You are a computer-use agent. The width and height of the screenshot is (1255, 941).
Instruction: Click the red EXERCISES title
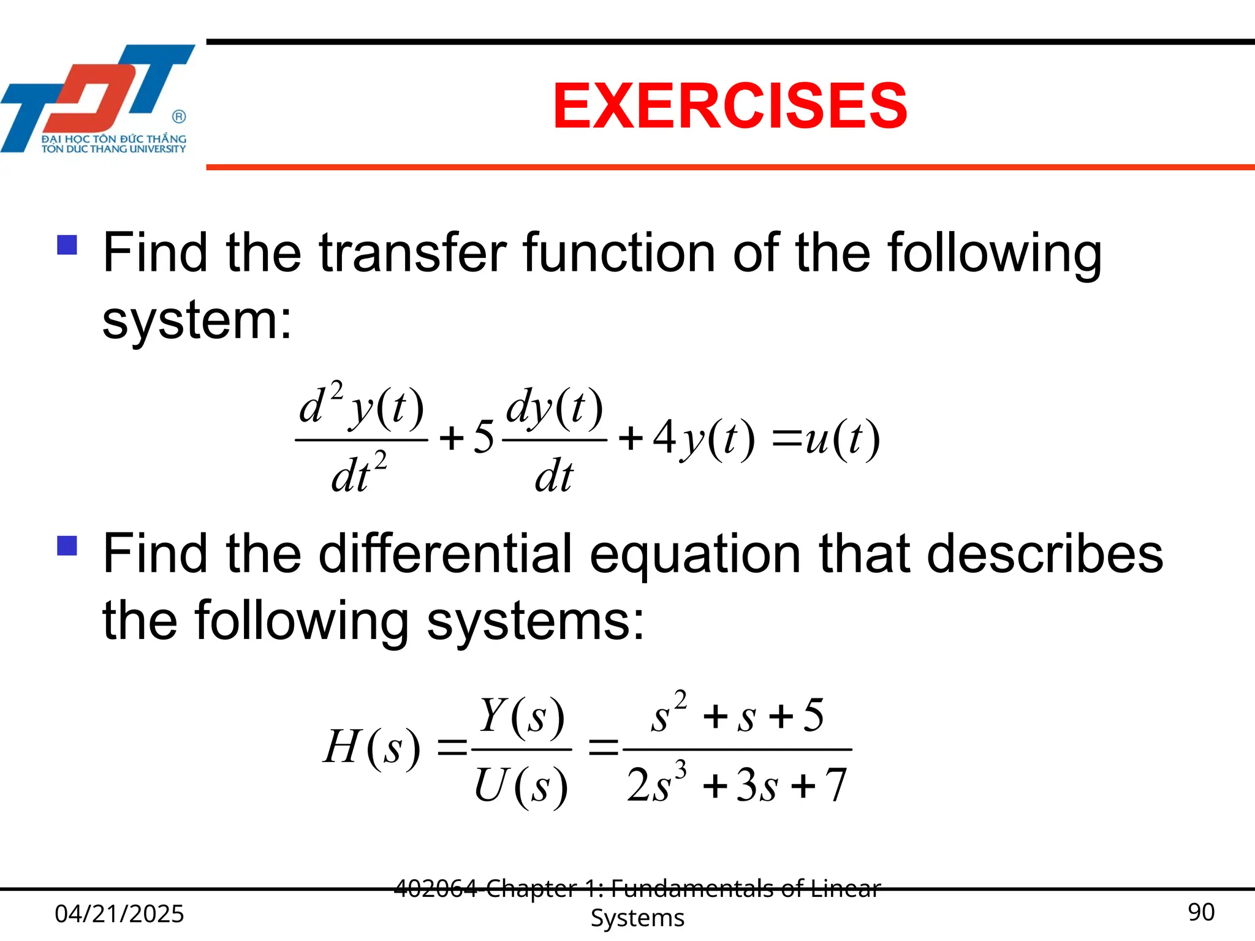729,107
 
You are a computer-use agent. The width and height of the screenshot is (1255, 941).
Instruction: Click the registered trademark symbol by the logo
179,116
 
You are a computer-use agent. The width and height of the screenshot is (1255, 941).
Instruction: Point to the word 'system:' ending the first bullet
197,320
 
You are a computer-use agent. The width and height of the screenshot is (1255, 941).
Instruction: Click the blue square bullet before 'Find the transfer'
67,245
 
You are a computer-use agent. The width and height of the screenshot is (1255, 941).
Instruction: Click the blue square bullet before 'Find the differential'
67,545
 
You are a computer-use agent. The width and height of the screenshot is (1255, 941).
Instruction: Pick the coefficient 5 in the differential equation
483,437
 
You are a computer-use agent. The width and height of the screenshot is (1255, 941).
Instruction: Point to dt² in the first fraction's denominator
359,474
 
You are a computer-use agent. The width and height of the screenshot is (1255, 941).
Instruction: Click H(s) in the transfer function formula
371,747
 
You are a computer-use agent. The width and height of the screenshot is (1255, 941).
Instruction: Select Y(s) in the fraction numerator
521,716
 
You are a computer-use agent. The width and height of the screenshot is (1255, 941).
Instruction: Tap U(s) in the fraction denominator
521,785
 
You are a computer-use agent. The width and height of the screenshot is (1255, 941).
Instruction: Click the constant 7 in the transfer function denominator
836,785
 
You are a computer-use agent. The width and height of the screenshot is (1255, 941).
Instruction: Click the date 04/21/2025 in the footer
119,913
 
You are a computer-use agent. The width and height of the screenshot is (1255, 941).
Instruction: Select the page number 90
1200,912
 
